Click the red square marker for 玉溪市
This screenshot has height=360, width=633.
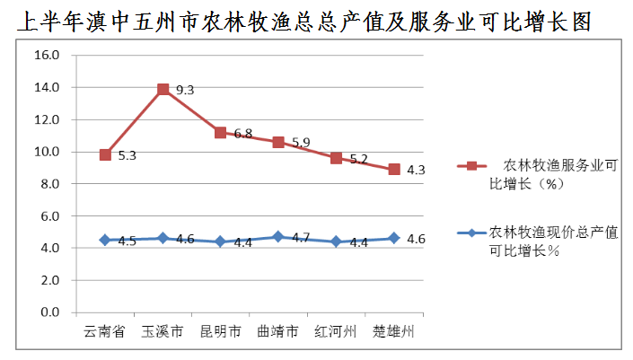(163, 89)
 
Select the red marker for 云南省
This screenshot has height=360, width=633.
(105, 154)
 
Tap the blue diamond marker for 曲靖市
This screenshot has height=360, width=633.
(278, 237)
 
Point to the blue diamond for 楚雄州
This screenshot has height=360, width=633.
(393, 238)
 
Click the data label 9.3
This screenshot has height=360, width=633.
(185, 90)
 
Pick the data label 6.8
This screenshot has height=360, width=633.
(242, 134)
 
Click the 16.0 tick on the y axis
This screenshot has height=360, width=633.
(47, 55)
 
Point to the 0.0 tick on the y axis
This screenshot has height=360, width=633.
(50, 312)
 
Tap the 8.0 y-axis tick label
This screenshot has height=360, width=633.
(50, 184)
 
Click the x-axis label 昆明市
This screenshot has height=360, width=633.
(220, 331)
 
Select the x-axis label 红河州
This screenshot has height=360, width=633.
(336, 331)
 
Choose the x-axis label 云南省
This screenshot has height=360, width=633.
(105, 331)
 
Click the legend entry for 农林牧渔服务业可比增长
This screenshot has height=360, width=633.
(548, 173)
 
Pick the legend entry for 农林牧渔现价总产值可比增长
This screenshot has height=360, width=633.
(548, 241)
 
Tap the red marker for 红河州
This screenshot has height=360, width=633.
(336, 158)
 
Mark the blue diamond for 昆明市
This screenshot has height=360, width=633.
(221, 241)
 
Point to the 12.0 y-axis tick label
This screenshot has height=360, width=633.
(47, 119)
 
